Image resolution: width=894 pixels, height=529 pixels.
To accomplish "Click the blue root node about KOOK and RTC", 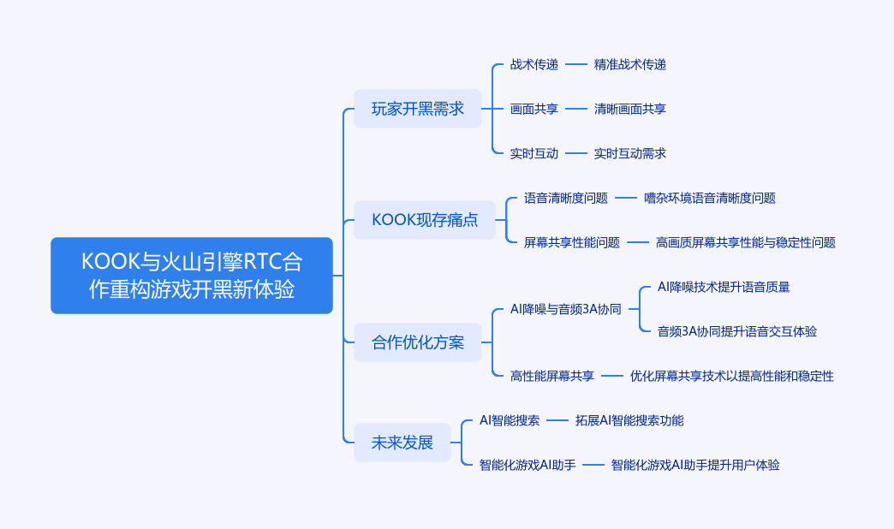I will [x=191, y=276].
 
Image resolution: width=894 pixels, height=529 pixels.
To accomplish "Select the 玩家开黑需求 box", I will [x=417, y=109].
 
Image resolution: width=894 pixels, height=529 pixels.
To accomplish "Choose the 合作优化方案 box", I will [x=417, y=342].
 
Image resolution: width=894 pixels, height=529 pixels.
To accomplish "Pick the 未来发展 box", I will [x=402, y=443].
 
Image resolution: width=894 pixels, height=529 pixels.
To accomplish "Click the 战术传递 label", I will [x=533, y=64].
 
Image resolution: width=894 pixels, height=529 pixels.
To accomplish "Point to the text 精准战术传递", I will [x=629, y=64].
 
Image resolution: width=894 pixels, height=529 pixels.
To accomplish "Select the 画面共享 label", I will [x=533, y=109].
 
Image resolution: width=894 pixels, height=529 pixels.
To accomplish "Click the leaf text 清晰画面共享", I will [x=629, y=109].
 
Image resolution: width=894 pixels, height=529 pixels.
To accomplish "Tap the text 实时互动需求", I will [x=629, y=153].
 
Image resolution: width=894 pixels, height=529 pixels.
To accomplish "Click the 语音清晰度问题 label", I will [x=565, y=198].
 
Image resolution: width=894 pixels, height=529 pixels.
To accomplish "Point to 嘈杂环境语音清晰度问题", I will [x=709, y=198].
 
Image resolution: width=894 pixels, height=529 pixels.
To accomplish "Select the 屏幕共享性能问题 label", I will [x=571, y=242].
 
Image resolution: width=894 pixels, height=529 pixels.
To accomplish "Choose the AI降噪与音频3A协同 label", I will [x=565, y=309].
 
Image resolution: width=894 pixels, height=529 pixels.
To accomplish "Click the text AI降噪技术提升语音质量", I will [x=723, y=287].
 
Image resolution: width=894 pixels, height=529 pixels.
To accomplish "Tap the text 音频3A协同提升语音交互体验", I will [x=736, y=331].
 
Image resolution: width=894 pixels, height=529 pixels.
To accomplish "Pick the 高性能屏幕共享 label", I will [x=551, y=376].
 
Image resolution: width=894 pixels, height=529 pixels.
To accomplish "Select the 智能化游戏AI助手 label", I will [x=527, y=465].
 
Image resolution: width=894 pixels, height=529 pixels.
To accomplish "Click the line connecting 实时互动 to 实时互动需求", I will [x=576, y=153].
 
